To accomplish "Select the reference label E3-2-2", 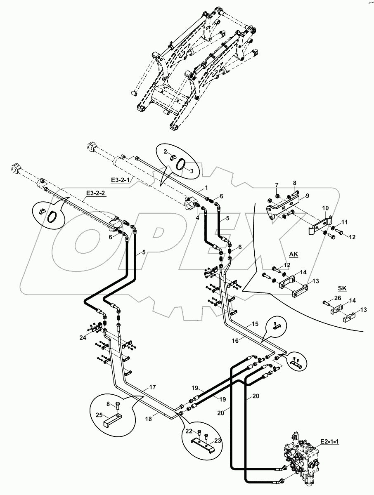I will click(95, 193).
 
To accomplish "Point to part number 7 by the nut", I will click(277, 184).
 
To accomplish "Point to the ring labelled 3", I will click(181, 165).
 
